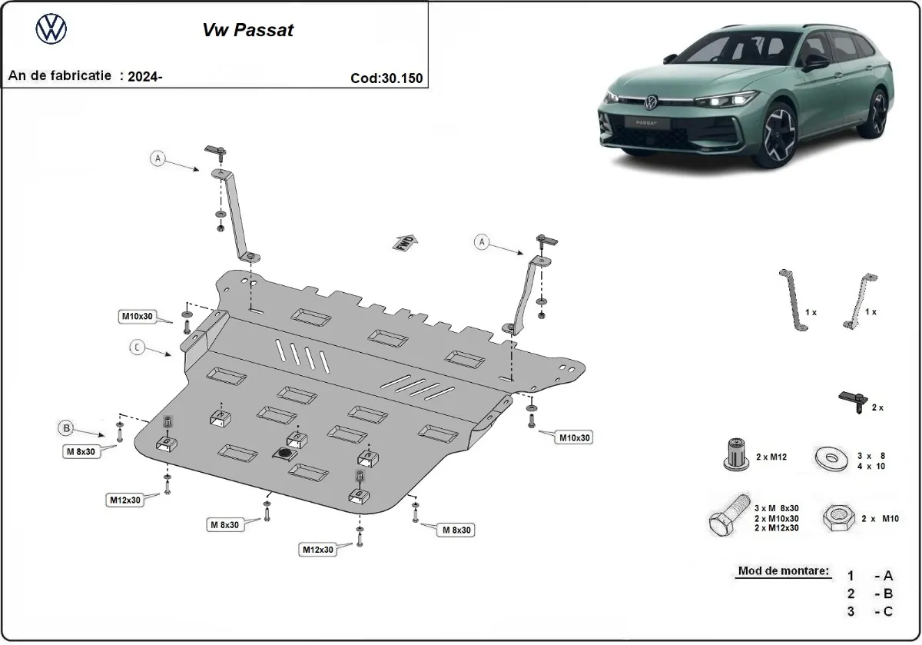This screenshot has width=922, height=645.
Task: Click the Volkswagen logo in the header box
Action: pyautogui.click(x=51, y=30)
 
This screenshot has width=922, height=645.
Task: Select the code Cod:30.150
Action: pyautogui.click(x=386, y=78)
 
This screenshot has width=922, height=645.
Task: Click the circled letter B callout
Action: pyautogui.click(x=68, y=427)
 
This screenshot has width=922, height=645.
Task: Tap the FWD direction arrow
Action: pyautogui.click(x=406, y=242)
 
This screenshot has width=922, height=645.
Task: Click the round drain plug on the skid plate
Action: pyautogui.click(x=284, y=455)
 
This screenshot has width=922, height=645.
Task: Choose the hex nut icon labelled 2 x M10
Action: pyautogui.click(x=834, y=518)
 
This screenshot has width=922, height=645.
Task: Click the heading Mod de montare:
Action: pyautogui.click(x=783, y=571)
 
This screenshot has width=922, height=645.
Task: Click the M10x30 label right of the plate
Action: pyautogui.click(x=574, y=437)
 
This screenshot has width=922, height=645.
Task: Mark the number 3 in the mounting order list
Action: pyautogui.click(x=851, y=611)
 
